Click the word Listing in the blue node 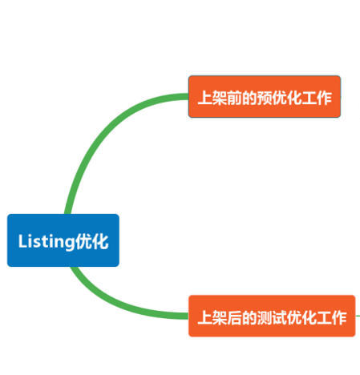pyautogui.click(x=45, y=241)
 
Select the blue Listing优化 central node pyautogui.click(x=63, y=240)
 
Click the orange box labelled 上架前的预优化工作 pyautogui.click(x=265, y=97)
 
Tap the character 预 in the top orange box pyautogui.click(x=265, y=97)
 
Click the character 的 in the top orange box pyautogui.click(x=249, y=97)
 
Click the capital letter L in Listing pyautogui.click(x=22, y=241)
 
